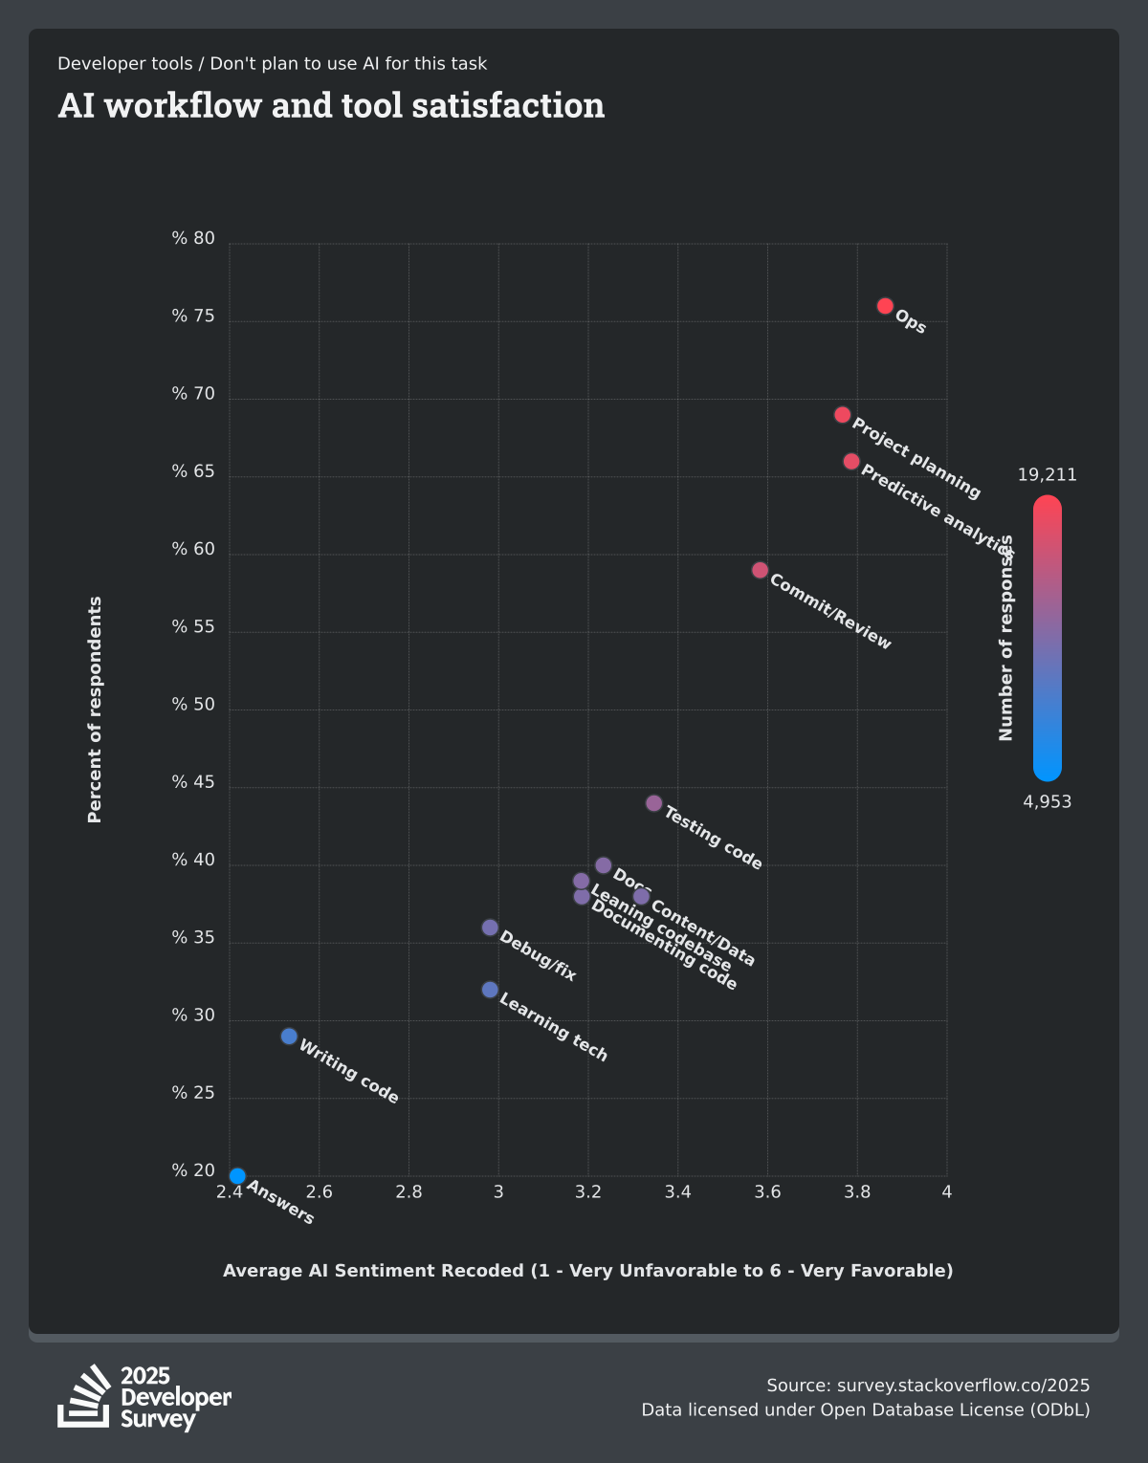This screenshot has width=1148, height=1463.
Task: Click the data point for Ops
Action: [885, 306]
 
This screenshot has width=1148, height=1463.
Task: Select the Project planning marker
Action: [842, 415]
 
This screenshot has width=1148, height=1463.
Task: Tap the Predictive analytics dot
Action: [851, 461]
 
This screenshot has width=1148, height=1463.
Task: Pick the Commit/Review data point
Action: [760, 570]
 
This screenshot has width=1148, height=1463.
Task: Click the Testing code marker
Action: [653, 803]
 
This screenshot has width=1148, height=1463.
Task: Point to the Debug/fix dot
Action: [490, 928]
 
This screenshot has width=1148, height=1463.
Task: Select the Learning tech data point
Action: [490, 990]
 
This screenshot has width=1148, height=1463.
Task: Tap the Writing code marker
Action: [289, 1037]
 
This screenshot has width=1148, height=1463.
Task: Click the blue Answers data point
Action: [237, 1176]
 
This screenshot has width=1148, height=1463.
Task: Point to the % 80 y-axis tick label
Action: [193, 239]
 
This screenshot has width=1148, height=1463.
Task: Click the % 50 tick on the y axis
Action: [193, 705]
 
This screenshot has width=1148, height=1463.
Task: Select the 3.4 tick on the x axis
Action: [677, 1192]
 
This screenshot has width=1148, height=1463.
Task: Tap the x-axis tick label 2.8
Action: [408, 1192]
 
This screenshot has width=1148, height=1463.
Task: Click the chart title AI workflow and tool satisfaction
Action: [331, 105]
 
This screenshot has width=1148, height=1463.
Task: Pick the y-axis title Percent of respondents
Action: [95, 710]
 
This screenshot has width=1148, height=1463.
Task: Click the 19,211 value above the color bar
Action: [1047, 475]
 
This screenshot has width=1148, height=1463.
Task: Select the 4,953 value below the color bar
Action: [1047, 802]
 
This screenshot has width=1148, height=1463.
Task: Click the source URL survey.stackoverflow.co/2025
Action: [962, 1386]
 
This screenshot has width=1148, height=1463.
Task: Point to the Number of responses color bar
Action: [1047, 638]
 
